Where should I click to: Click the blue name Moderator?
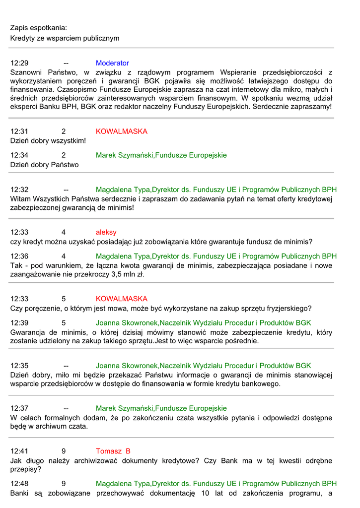pos(112,63)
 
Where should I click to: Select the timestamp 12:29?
pos(19,63)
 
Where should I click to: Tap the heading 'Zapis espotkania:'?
pos(38,28)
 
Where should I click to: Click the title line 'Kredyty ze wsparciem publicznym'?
pos(65,38)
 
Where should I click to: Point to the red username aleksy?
pos(106,232)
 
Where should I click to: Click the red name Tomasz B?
pos(113,451)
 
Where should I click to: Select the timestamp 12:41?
pos(19,451)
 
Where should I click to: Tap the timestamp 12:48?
pos(19,483)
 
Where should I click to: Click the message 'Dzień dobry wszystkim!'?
pos(48,141)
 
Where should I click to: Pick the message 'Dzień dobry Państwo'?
pos(44,165)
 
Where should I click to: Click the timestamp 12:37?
pos(19,408)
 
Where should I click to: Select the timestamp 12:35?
pos(19,366)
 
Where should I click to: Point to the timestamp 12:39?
pos(19,322)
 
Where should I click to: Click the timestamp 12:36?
pos(19,256)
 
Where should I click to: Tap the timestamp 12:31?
pos(19,131)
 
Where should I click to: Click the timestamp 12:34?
pos(19,155)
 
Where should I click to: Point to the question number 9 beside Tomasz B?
pos(64,451)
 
